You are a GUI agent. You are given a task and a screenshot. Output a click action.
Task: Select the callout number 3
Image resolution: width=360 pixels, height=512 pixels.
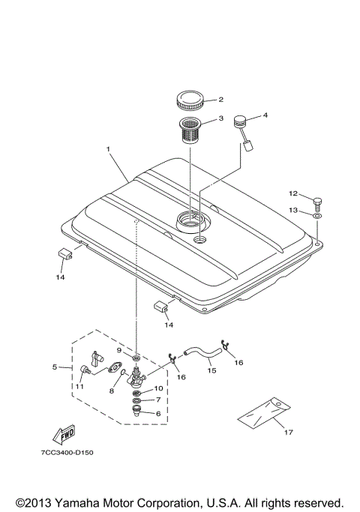[x=220, y=118]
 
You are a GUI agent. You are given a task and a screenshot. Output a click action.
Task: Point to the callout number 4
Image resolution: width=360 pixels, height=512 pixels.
[x=264, y=115]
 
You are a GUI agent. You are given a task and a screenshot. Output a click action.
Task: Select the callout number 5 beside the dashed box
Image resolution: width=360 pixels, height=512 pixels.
[x=54, y=367]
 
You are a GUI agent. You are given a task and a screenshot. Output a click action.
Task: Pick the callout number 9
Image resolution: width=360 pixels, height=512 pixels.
[x=118, y=350]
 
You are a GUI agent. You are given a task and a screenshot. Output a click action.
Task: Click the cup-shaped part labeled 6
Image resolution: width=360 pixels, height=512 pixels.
[x=137, y=411]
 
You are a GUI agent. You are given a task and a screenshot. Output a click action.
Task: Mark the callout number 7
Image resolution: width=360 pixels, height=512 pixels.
[x=157, y=400]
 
